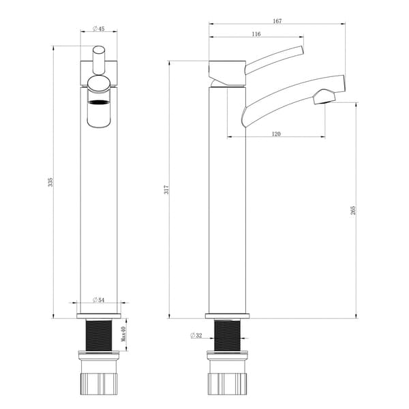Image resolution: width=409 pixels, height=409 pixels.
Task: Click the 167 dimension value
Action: [277, 21]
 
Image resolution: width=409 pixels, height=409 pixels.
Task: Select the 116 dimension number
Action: [256, 34]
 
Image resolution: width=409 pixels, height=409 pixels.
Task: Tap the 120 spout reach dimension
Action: [276, 134]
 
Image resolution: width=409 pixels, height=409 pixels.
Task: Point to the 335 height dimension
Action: [50, 182]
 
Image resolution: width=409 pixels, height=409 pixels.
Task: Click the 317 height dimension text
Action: [166, 190]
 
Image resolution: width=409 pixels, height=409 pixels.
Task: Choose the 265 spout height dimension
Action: [352, 210]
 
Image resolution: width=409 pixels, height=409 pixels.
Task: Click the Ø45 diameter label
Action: [99, 29]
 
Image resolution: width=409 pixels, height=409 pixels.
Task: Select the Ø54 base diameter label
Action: [98, 300]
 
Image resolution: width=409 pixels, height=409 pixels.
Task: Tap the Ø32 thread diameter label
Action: [196, 335]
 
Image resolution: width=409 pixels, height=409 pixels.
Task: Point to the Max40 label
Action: [123, 334]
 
